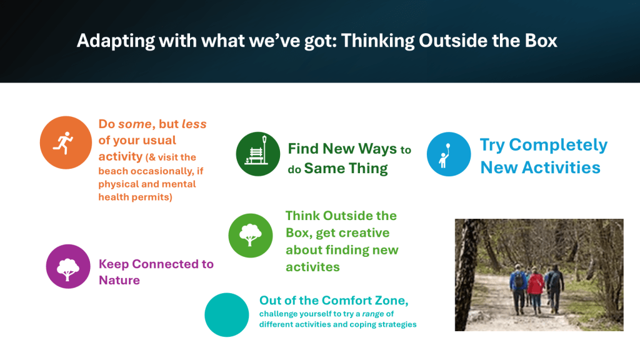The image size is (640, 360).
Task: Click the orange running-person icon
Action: pos(66,142)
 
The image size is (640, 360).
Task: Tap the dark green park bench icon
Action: pos(258,154)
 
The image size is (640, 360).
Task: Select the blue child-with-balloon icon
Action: pos(449,154)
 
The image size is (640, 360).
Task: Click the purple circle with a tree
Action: pos(67,266)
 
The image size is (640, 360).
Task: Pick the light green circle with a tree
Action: pos(250,236)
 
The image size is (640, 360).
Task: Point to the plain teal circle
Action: pos(226,315)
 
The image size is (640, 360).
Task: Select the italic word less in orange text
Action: pos(194,124)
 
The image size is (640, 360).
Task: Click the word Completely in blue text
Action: pos(558,145)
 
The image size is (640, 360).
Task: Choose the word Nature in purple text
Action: pos(119,280)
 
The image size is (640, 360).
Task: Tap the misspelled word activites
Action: pos(312,267)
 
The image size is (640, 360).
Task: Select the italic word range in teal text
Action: pos(373,314)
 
